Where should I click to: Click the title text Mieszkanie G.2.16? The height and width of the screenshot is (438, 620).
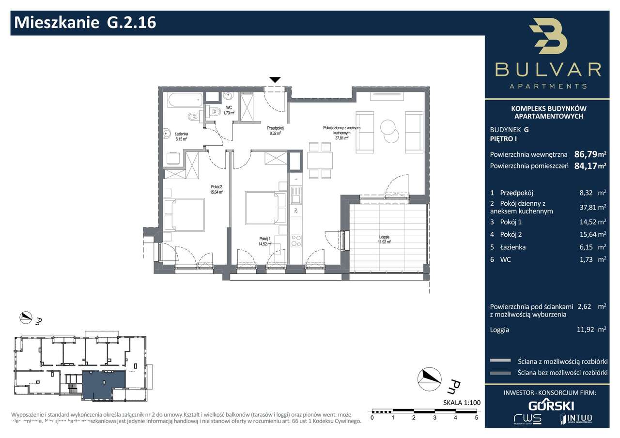[x=86, y=22]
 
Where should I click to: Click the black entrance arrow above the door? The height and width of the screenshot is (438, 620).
[x=275, y=80]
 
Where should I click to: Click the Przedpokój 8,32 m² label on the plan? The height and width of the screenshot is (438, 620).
[x=275, y=131]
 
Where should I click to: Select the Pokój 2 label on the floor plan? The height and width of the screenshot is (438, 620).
[x=216, y=189]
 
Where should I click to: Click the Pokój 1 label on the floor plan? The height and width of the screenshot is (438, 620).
[x=265, y=241]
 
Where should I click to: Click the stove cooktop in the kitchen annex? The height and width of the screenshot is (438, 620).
[x=296, y=241]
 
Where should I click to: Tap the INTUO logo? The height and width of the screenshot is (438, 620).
[x=576, y=418]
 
